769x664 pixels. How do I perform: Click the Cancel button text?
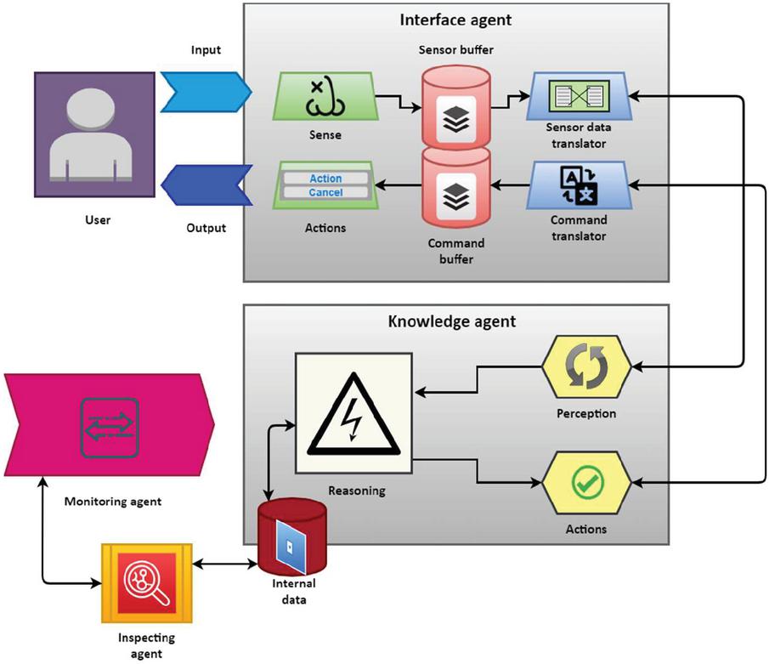point(325,192)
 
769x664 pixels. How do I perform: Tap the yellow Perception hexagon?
point(586,367)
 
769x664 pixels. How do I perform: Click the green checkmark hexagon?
point(586,483)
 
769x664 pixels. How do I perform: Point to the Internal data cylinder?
point(291,537)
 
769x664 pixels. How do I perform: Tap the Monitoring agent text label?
point(113,502)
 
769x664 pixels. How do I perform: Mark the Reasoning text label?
point(356,490)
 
